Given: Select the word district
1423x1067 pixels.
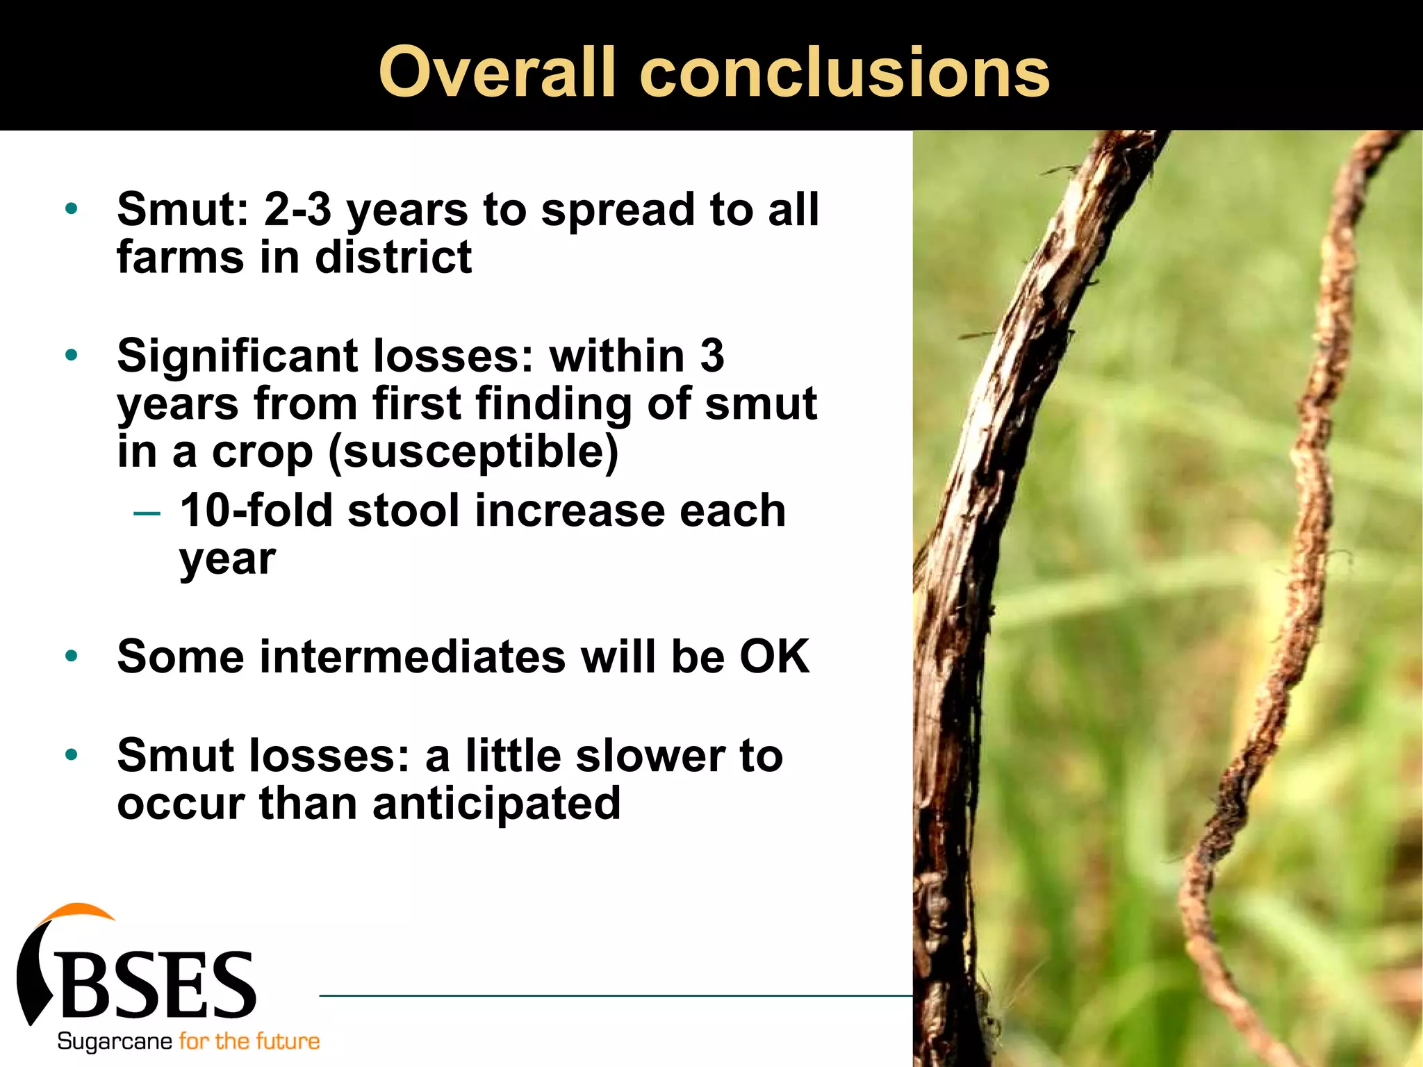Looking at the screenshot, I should click(393, 257).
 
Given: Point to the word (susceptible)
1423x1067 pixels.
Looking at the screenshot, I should click(472, 452).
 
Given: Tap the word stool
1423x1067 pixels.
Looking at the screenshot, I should click(404, 511).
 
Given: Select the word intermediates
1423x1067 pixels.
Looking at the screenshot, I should click(412, 656).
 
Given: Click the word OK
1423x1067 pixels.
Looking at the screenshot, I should click(774, 656).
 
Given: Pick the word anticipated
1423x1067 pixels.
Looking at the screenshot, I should click(496, 803).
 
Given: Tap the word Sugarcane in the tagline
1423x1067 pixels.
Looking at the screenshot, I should click(115, 1041).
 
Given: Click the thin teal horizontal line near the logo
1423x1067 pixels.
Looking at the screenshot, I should click(611, 995).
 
